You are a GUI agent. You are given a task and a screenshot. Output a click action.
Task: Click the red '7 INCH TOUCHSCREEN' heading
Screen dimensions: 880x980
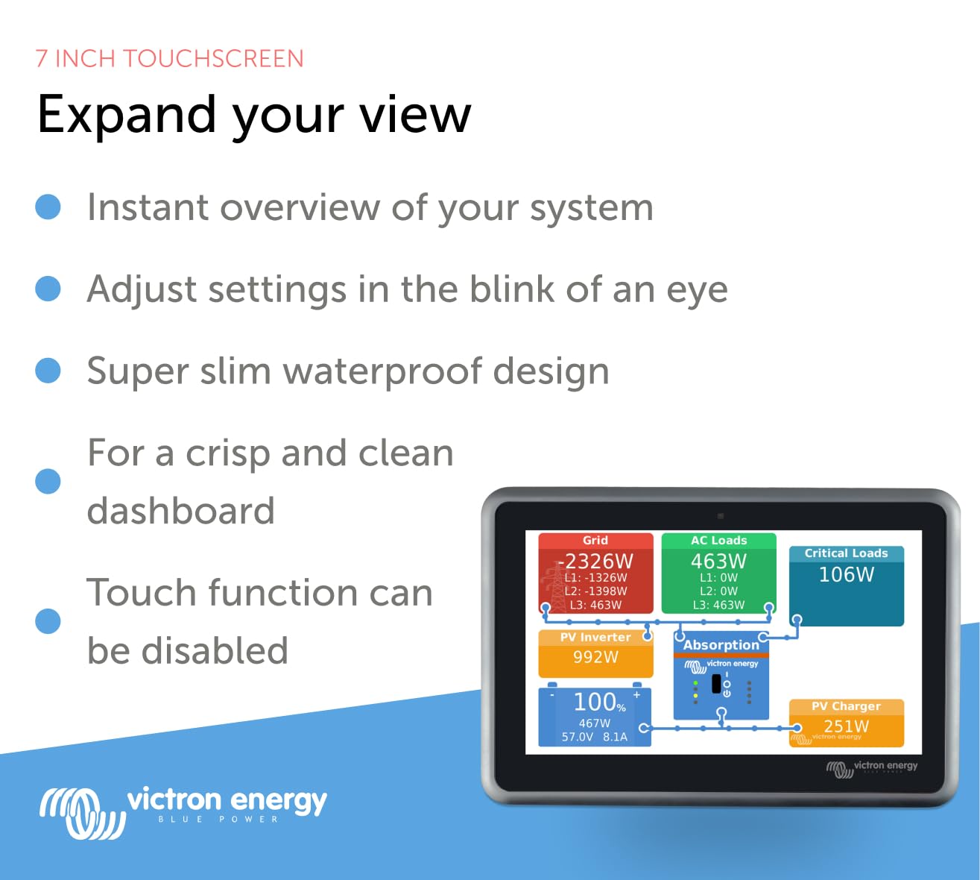tap(169, 58)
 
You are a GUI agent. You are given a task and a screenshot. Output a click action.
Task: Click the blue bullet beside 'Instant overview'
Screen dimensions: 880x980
tap(48, 207)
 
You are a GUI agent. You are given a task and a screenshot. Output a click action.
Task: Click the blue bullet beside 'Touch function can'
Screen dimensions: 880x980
tap(48, 620)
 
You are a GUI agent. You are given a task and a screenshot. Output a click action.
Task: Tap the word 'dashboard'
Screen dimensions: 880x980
tap(181, 511)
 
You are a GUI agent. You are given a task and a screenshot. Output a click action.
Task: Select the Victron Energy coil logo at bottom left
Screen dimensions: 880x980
tap(82, 812)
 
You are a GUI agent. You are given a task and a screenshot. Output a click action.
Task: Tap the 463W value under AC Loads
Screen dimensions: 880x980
tap(718, 561)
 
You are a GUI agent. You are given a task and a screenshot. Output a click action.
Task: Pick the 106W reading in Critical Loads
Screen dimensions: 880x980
tap(847, 574)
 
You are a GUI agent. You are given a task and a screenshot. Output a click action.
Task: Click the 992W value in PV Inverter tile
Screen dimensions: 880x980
tap(595, 657)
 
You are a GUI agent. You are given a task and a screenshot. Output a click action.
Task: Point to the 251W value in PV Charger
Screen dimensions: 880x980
tap(846, 726)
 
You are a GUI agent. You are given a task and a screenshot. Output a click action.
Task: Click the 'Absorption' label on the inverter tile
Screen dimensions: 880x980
tap(721, 644)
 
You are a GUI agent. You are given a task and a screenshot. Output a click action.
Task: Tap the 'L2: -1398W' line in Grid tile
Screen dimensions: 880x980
tap(595, 591)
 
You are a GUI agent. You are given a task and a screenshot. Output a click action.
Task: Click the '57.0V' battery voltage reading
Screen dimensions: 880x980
tap(578, 737)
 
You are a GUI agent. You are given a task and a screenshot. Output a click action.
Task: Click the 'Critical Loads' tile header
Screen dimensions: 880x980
tap(846, 553)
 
